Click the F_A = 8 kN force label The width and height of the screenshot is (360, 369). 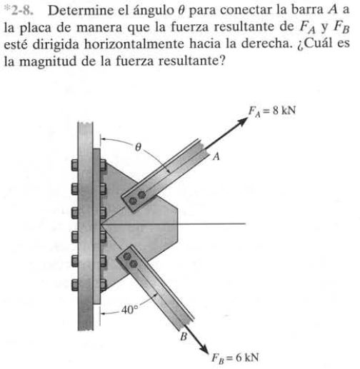(272, 111)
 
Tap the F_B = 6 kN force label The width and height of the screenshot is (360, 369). (235, 358)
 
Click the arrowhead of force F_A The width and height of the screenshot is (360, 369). (241, 121)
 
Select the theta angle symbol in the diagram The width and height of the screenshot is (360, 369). (138, 147)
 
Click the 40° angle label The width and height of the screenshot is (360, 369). (129, 310)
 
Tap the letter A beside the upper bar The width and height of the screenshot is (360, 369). (216, 156)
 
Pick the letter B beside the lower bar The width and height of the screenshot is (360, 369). (184, 336)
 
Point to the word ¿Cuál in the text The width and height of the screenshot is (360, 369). (314, 44)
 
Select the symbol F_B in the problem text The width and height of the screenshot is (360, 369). (341, 28)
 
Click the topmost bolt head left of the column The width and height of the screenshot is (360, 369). (75, 165)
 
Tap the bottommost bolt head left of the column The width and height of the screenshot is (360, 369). (75, 285)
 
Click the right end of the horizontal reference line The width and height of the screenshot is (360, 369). (245, 223)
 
